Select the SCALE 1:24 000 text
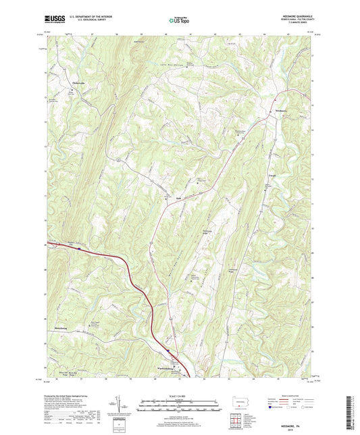coord(180,395)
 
